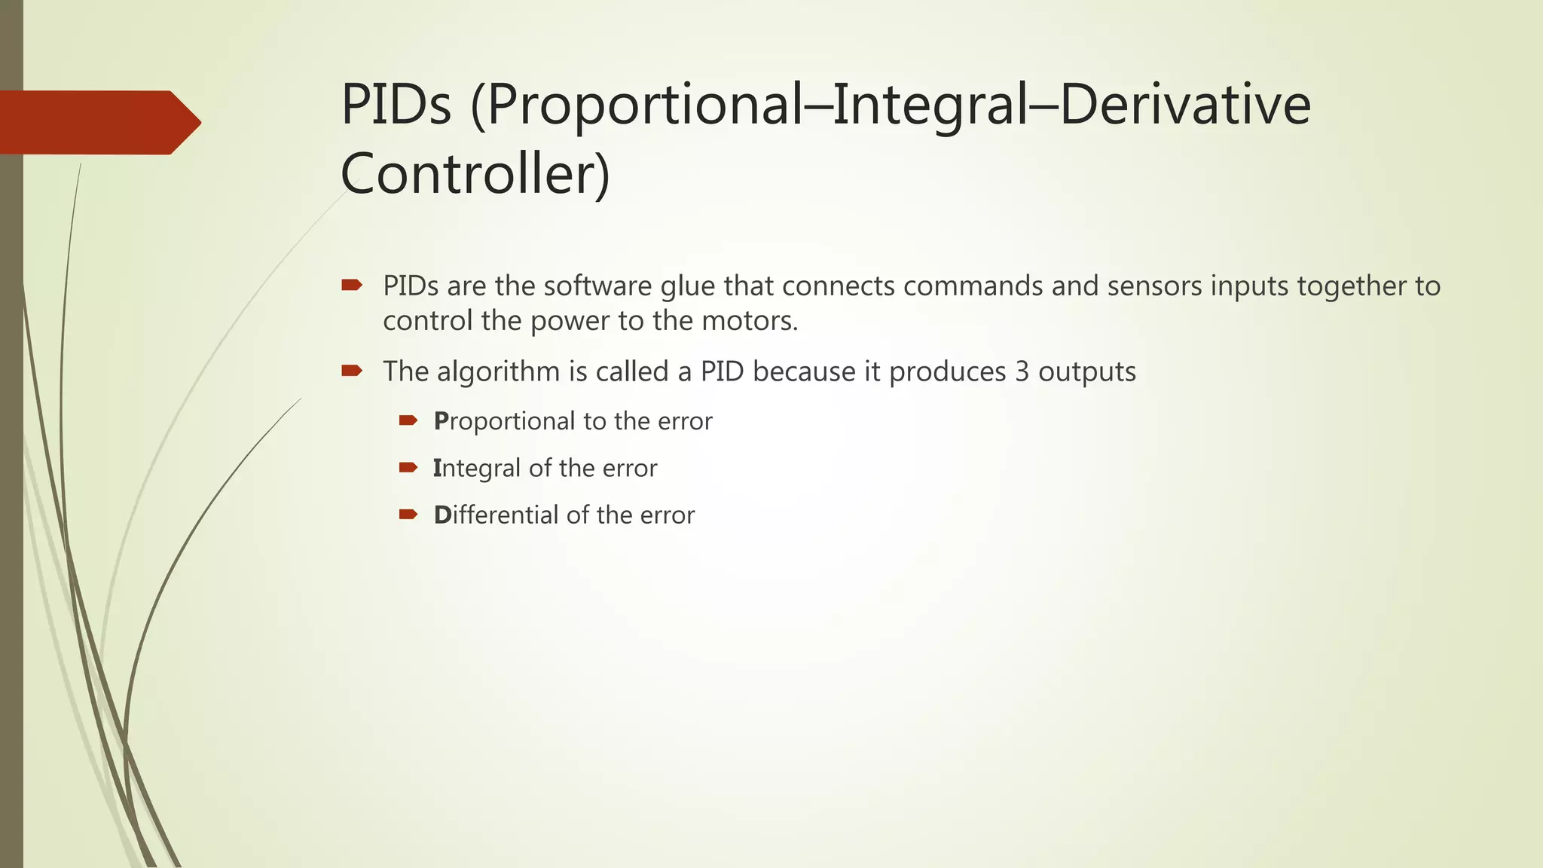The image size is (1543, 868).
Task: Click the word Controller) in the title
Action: [x=475, y=174]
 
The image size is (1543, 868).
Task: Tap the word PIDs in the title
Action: [x=396, y=105]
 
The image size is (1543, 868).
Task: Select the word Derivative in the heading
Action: [x=1185, y=105]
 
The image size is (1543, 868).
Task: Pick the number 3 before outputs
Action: [x=1022, y=372]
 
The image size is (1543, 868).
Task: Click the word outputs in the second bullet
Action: [x=1086, y=372]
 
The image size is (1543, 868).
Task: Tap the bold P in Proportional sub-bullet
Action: [x=441, y=421]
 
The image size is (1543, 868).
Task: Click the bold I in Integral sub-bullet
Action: [x=436, y=468]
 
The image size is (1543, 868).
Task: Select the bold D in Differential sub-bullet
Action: [x=442, y=515]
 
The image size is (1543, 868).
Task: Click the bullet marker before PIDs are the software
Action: [x=352, y=285]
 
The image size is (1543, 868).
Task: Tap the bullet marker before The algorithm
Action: [x=352, y=371]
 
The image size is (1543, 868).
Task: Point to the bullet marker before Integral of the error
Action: [x=408, y=467]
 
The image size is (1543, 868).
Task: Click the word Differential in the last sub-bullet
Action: [x=496, y=515]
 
